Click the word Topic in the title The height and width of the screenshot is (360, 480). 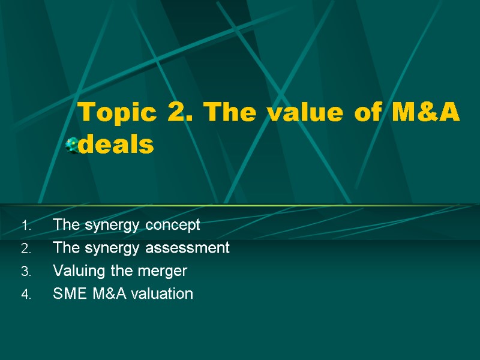point(109,112)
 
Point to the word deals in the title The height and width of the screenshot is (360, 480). point(116,145)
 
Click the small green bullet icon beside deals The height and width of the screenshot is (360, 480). point(72,145)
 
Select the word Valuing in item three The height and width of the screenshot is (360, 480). point(74,271)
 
